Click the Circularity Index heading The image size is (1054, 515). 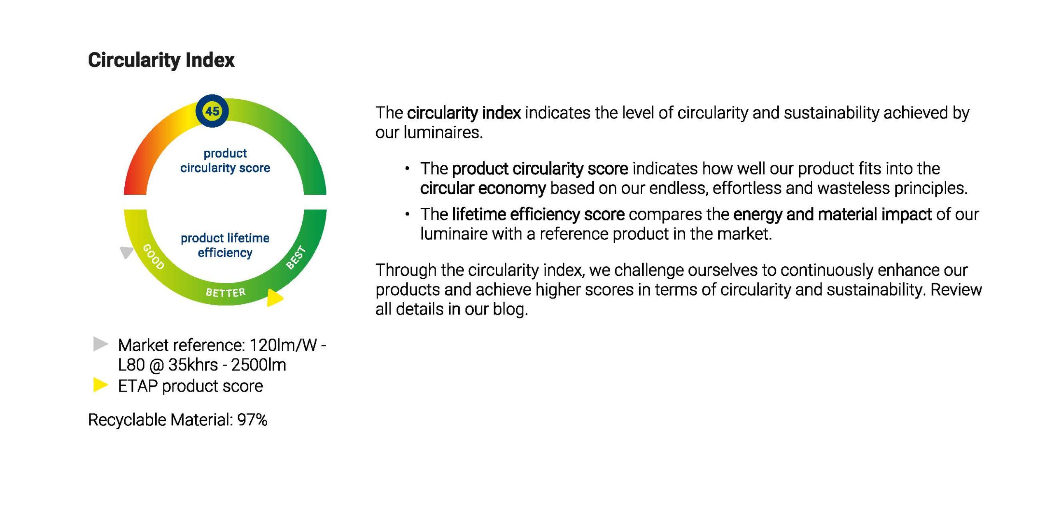click(x=161, y=60)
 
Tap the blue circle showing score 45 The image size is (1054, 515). click(x=212, y=111)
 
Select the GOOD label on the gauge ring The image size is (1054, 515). click(x=153, y=257)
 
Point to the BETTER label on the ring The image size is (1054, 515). click(x=225, y=292)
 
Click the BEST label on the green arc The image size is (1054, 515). click(x=296, y=258)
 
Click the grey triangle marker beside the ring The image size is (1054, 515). click(x=127, y=252)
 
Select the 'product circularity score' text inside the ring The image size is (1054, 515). click(x=225, y=161)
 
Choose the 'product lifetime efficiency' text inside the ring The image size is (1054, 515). click(x=225, y=245)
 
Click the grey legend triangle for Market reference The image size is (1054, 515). click(x=100, y=344)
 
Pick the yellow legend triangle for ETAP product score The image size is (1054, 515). click(x=100, y=385)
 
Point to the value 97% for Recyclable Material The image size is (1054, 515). click(x=252, y=420)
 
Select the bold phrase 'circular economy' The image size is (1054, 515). click(x=483, y=189)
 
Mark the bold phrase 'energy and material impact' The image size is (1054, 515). click(x=832, y=214)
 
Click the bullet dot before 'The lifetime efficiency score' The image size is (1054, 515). click(x=407, y=214)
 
